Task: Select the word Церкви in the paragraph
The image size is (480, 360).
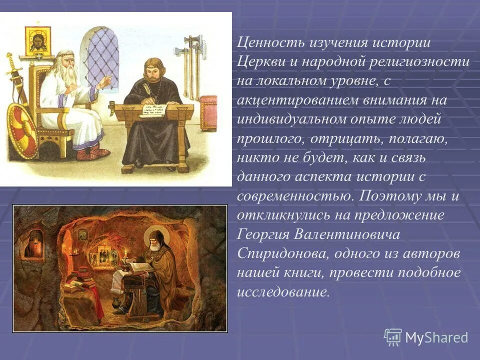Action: pos(260,62)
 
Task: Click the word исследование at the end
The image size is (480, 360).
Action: pos(283,292)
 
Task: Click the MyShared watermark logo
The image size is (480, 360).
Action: pos(426,336)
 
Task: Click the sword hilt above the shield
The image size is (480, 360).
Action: pos(10,62)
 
